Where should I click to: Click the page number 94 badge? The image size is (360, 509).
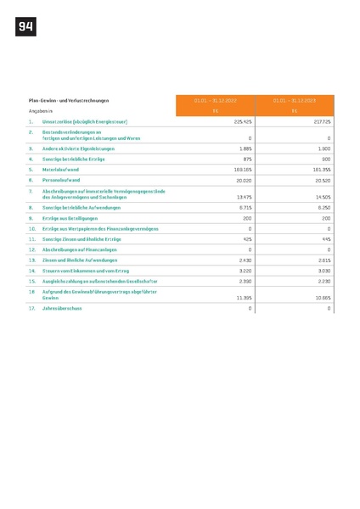click(x=25, y=27)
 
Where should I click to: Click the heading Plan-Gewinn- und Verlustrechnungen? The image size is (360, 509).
click(x=69, y=100)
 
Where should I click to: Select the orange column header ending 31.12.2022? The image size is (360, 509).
click(x=216, y=100)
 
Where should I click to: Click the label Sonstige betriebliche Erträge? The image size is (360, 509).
click(x=78, y=159)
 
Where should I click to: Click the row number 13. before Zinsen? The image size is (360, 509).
click(x=32, y=260)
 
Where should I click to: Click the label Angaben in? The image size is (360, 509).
click(x=41, y=111)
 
